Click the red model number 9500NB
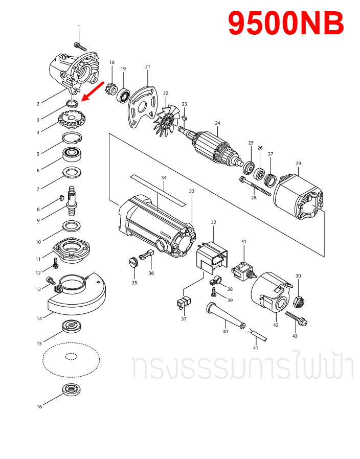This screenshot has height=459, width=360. pos(285,24)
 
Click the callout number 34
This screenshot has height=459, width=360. pos(164,177)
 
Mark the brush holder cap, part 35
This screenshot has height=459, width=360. pos(132,263)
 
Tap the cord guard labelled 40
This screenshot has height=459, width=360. pos(223,317)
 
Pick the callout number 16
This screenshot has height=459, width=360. pos(39,407)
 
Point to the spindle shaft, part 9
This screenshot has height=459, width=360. pos(73,198)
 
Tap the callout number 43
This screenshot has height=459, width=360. pos(295,336)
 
